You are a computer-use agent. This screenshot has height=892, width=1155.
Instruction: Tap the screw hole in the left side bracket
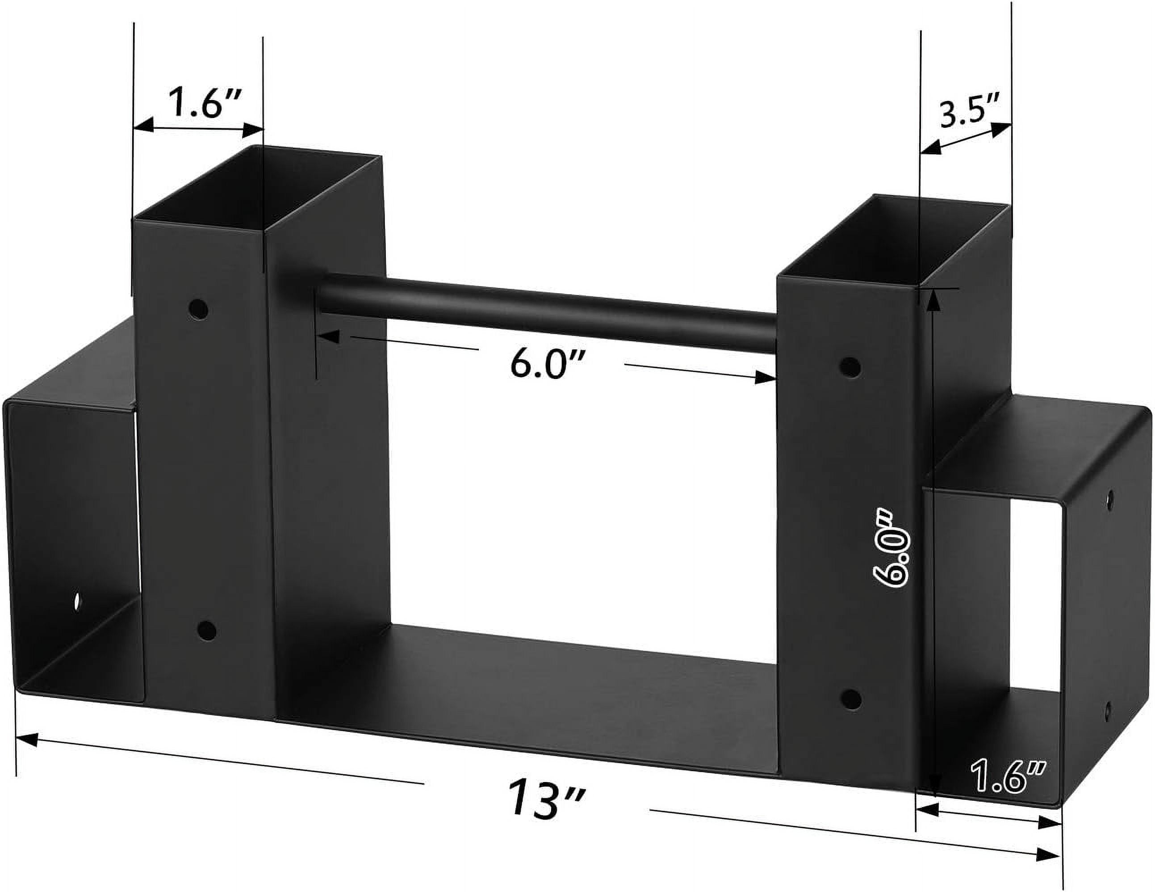(x=78, y=602)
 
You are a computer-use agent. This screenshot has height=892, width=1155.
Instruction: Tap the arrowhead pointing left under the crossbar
(x=328, y=337)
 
